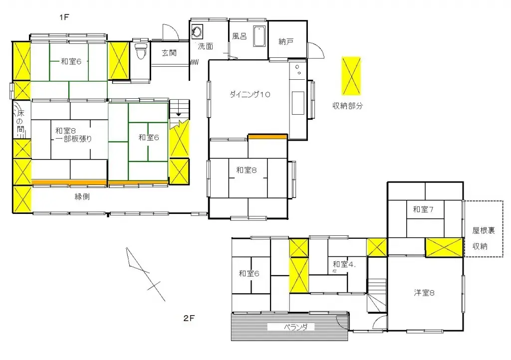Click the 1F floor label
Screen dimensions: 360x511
tap(64, 17)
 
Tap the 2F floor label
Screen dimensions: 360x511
tap(188, 318)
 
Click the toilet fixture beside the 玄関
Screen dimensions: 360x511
tap(141, 50)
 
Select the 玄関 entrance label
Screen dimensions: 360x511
tap(169, 53)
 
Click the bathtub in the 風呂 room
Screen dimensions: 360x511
tap(259, 36)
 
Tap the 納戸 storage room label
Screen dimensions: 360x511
tap(286, 41)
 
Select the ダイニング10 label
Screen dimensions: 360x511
tap(250, 94)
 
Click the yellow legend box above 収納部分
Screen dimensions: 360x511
tap(351, 76)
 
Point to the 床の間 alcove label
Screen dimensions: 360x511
tap(19, 121)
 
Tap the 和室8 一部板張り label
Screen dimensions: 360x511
tap(73, 135)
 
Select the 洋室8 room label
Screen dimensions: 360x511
tap(424, 293)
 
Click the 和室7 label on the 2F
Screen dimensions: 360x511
tap(423, 209)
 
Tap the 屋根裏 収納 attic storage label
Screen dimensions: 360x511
tap(483, 238)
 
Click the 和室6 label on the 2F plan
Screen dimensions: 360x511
tap(249, 273)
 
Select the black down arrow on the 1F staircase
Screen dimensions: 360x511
tap(179, 114)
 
